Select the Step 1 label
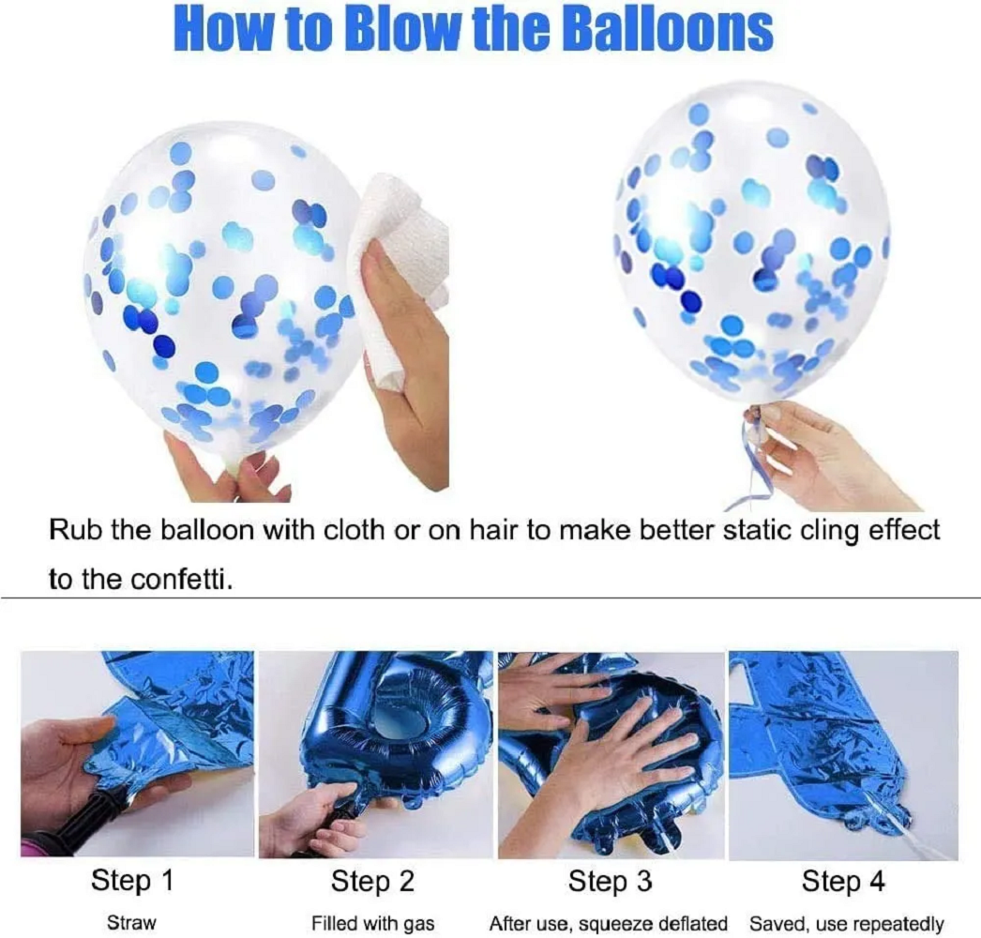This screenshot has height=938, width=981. click(x=132, y=882)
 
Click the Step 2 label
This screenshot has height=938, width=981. click(x=372, y=882)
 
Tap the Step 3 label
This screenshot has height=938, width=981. click(x=611, y=882)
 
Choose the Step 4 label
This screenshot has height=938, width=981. click(x=844, y=882)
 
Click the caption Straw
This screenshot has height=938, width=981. click(x=131, y=923)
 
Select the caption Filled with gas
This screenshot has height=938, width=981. click(x=373, y=923)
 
